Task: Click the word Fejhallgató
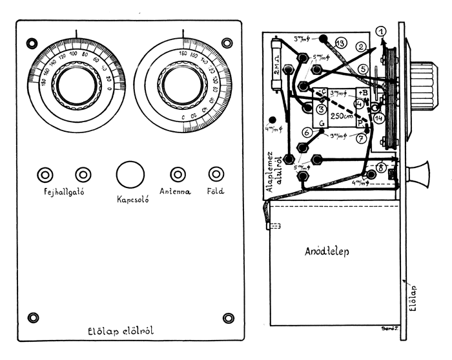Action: tap(63, 193)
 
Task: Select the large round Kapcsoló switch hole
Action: tap(130, 175)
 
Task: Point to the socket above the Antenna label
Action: tap(177, 175)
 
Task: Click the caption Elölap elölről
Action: tap(125, 332)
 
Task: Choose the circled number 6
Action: tap(308, 132)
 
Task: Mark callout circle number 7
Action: tap(361, 138)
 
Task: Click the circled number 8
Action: tap(381, 165)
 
